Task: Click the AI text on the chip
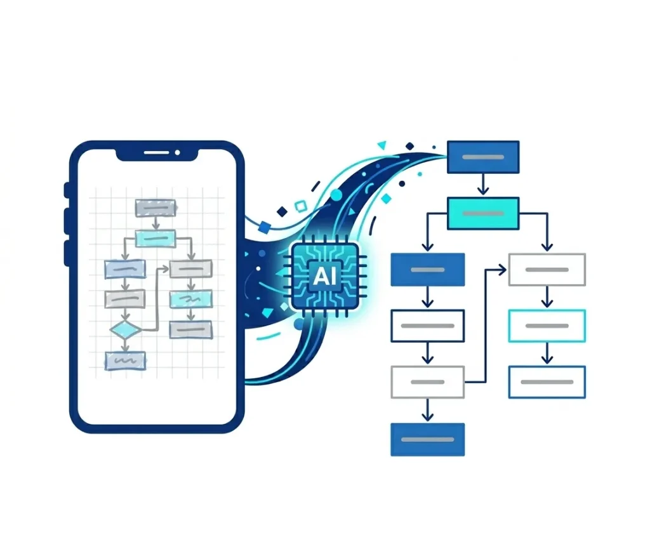(x=324, y=275)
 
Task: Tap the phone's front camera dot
(x=178, y=152)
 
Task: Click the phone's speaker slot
(x=156, y=152)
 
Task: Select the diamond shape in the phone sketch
(x=126, y=330)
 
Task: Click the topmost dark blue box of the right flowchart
(x=483, y=157)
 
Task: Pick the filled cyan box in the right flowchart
(x=483, y=213)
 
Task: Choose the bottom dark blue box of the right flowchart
(x=427, y=439)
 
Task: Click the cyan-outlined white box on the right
(x=547, y=326)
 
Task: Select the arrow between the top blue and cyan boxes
(x=482, y=184)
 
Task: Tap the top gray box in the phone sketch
(x=156, y=208)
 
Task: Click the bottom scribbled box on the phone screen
(x=126, y=360)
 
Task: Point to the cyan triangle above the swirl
(x=381, y=145)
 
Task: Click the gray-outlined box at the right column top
(x=547, y=270)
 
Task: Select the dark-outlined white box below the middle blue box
(x=427, y=326)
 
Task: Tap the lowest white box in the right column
(x=547, y=382)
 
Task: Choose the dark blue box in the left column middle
(x=427, y=270)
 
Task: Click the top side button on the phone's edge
(x=67, y=190)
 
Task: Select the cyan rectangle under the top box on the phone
(x=156, y=239)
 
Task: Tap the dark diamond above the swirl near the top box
(x=409, y=146)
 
